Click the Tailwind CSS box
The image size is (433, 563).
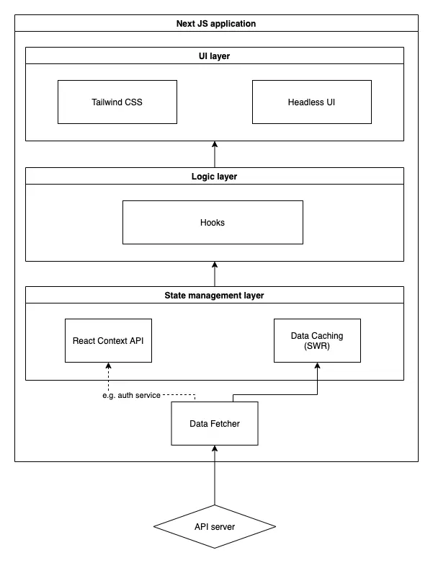tap(117, 102)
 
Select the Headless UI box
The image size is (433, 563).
tap(312, 102)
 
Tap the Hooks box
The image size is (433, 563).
tap(213, 222)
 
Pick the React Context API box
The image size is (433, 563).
tap(108, 340)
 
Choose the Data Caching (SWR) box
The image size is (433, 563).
tap(317, 340)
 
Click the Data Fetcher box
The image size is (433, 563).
tap(215, 423)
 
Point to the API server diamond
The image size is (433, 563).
tap(215, 526)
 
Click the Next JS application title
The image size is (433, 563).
tap(216, 24)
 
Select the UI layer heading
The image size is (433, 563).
tap(214, 56)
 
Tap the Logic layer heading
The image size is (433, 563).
tap(214, 177)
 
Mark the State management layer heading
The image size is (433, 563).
tap(214, 295)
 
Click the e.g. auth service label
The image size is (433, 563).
tap(131, 395)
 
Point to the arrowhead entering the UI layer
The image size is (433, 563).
tap(215, 144)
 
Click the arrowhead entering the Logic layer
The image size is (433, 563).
tap(215, 265)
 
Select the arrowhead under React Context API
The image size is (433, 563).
tap(108, 365)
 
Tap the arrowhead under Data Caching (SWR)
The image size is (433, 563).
tap(317, 365)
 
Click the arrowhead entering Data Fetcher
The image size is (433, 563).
tap(215, 448)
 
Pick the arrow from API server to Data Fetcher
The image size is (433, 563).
tap(215, 475)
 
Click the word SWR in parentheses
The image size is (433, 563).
tap(317, 346)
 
